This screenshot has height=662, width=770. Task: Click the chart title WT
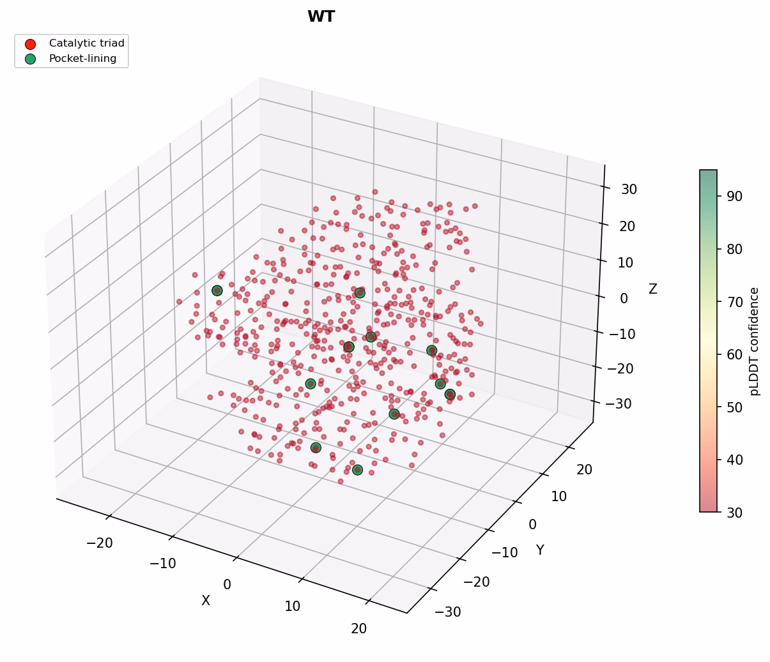coord(321,17)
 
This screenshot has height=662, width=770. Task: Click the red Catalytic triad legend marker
coord(30,44)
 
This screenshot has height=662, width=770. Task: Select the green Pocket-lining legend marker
coord(30,59)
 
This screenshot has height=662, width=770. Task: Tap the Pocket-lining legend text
coord(82,59)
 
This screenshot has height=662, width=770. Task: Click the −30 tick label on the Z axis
coord(619,403)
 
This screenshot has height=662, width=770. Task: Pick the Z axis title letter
coord(652,289)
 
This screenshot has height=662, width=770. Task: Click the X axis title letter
coord(206,600)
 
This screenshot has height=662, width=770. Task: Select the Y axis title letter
coord(540,550)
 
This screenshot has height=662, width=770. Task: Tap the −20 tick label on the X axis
coord(100,543)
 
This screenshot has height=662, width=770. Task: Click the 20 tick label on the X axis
coord(358,629)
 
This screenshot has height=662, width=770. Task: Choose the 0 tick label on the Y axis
coord(533,524)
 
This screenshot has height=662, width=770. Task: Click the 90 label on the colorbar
coord(735,197)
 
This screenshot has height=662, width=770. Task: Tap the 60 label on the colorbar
coord(735,355)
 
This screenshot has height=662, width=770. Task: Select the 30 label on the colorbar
coord(735,513)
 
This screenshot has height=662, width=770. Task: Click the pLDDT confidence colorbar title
coord(754,342)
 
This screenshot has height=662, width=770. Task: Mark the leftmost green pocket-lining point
coord(217,290)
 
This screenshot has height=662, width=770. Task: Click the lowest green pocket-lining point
coord(357,470)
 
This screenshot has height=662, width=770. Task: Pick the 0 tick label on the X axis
coord(227,585)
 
